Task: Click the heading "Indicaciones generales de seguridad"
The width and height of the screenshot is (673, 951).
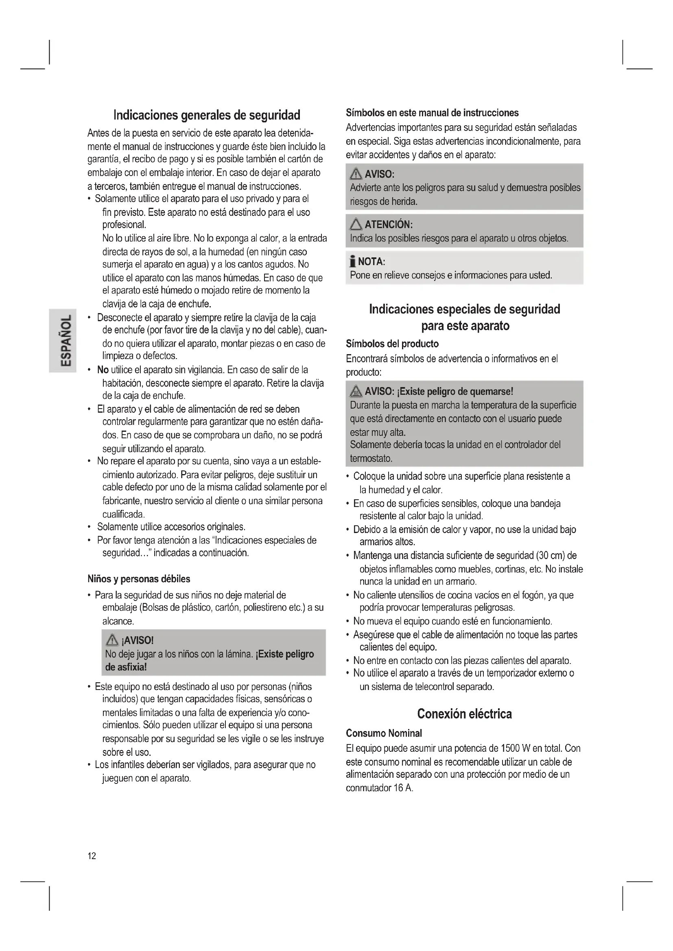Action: tap(207, 115)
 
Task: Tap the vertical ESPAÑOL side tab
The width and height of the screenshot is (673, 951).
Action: tap(63, 340)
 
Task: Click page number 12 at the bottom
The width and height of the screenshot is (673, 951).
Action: tap(92, 856)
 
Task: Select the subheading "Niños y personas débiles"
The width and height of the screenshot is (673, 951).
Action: tap(139, 579)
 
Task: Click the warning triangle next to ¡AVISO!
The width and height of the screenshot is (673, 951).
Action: tap(112, 640)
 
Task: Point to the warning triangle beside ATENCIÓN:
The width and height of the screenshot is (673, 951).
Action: tap(356, 224)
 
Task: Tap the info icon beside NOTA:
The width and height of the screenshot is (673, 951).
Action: tap(353, 261)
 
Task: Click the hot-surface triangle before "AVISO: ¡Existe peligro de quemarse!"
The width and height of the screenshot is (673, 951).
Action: tap(356, 391)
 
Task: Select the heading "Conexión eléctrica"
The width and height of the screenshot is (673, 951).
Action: tap(464, 714)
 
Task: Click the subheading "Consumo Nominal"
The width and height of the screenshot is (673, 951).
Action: tap(384, 733)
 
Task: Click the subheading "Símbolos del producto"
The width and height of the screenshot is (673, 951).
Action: tap(392, 344)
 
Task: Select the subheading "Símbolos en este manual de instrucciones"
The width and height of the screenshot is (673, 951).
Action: tap(432, 113)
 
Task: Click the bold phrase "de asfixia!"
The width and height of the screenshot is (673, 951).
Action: tap(126, 667)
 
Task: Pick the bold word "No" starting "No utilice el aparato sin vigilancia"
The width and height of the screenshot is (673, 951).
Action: tap(103, 370)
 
